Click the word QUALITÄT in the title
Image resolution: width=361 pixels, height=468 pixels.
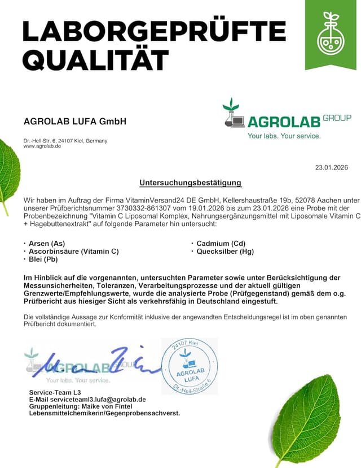tap(96, 59)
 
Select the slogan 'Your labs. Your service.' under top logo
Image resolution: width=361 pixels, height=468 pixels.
tap(284, 136)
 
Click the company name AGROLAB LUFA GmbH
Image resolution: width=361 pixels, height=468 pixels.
tap(75, 122)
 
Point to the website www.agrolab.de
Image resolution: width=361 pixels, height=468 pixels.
tap(42, 146)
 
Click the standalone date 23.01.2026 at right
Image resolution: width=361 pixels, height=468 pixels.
tap(331, 167)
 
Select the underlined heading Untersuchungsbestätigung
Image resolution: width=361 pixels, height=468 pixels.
tap(191, 183)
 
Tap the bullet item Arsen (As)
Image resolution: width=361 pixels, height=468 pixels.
tap(47, 244)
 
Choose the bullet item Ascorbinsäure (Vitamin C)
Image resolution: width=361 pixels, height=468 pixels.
tap(74, 252)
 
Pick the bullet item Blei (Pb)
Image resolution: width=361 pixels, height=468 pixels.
tap(43, 259)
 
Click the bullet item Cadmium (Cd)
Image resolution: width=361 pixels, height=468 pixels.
tap(221, 244)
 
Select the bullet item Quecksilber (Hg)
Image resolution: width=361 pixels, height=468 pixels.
tap(225, 252)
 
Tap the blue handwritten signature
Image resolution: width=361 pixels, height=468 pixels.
tap(90, 364)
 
